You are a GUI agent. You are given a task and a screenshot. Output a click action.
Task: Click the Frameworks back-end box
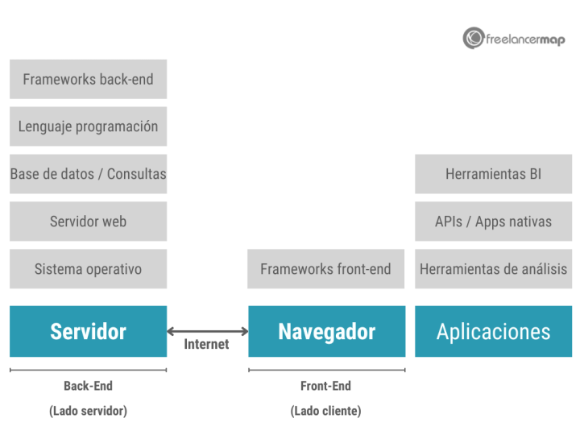point(88,79)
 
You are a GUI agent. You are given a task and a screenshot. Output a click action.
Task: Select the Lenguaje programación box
point(88,126)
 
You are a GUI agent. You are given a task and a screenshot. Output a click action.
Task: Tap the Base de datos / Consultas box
point(88,174)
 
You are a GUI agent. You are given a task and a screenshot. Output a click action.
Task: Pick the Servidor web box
point(88,222)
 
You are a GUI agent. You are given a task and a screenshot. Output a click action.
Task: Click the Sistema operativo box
point(88,269)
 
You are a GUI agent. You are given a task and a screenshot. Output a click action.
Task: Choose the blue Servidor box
point(88,331)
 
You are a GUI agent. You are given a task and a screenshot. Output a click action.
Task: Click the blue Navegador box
point(326,331)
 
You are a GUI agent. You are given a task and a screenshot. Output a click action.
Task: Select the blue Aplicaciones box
point(493,331)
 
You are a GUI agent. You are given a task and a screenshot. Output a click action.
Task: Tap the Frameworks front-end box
point(326,269)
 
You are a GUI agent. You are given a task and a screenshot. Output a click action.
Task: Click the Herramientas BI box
point(493,174)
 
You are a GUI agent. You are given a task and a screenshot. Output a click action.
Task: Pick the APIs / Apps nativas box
point(493,222)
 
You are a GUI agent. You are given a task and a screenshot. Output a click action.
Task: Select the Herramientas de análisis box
point(493,269)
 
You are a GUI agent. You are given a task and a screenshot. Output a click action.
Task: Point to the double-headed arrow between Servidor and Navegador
point(207,331)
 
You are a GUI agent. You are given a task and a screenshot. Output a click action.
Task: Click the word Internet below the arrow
point(207,345)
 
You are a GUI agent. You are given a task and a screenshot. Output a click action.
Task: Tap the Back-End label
point(88,386)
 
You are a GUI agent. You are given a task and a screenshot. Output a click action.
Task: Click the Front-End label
point(325,386)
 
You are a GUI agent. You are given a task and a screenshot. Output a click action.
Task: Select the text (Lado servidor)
point(88,411)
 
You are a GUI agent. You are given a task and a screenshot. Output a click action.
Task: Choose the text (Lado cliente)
point(325,411)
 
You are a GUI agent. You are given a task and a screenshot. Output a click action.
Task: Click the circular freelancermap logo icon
point(474,38)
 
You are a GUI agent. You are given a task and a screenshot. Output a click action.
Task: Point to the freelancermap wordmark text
point(525,39)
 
